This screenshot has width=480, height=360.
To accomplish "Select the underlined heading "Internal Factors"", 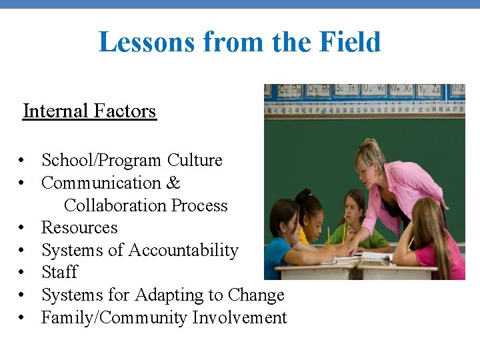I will (x=89, y=111).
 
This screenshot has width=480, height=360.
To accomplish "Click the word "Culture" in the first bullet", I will (x=195, y=161).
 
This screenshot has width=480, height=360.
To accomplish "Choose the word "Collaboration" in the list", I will (x=117, y=205).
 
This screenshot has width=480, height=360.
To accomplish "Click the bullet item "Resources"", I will (x=79, y=228).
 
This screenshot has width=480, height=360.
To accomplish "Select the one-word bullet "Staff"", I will (x=59, y=273).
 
